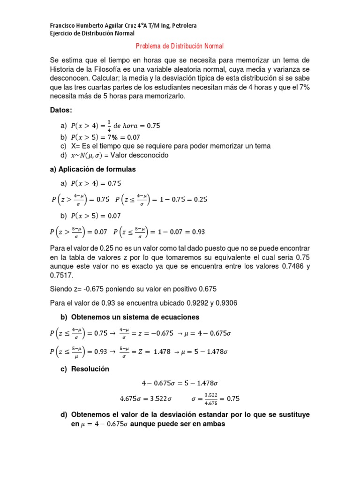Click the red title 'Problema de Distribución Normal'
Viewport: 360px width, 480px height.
click(x=180, y=46)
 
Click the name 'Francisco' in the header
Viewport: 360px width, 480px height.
click(x=63, y=25)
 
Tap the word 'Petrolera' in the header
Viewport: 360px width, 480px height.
click(x=183, y=25)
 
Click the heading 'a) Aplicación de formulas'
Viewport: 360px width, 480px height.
click(x=93, y=169)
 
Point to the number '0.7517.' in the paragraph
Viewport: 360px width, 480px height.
click(x=61, y=276)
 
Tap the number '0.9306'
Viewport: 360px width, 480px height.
click(x=225, y=303)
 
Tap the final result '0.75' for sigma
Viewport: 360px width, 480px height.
click(x=233, y=399)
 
